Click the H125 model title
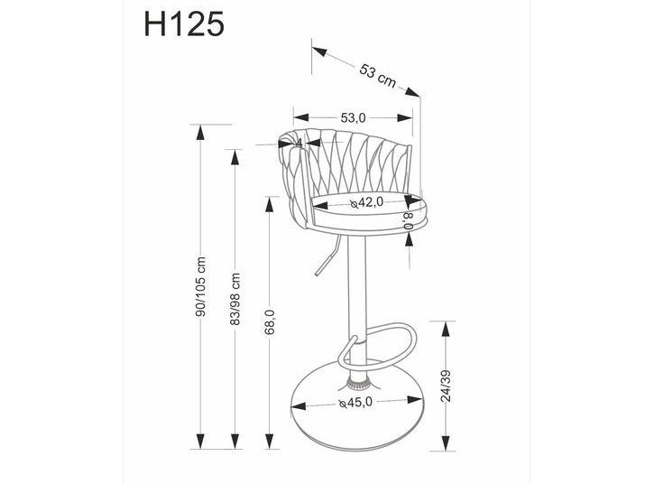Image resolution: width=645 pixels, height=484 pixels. (x=184, y=23)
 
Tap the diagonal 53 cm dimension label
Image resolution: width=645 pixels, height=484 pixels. (x=378, y=76)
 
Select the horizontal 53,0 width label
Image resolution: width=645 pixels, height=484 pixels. (x=353, y=117)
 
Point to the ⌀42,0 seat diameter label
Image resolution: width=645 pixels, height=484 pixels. (x=366, y=202)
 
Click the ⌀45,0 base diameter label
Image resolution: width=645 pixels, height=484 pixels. (x=355, y=402)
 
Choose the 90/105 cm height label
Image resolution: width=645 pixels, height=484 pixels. (x=201, y=286)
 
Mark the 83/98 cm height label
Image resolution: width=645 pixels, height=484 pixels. (x=235, y=299)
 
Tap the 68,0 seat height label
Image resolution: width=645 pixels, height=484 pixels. (x=270, y=321)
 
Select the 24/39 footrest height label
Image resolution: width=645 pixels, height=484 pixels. (x=446, y=386)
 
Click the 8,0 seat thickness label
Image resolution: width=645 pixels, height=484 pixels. (x=408, y=221)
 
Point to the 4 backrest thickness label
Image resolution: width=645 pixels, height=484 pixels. (x=299, y=144)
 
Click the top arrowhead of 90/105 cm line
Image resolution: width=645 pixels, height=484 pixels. (x=200, y=132)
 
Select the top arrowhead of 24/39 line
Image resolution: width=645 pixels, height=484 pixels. (x=446, y=330)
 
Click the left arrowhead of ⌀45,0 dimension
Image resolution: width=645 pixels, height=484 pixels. (x=299, y=406)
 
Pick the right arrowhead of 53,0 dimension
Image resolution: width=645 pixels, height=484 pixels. (x=405, y=117)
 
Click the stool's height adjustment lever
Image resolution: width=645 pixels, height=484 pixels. (x=327, y=256)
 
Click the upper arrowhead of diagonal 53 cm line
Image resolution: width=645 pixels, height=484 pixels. (x=319, y=51)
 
